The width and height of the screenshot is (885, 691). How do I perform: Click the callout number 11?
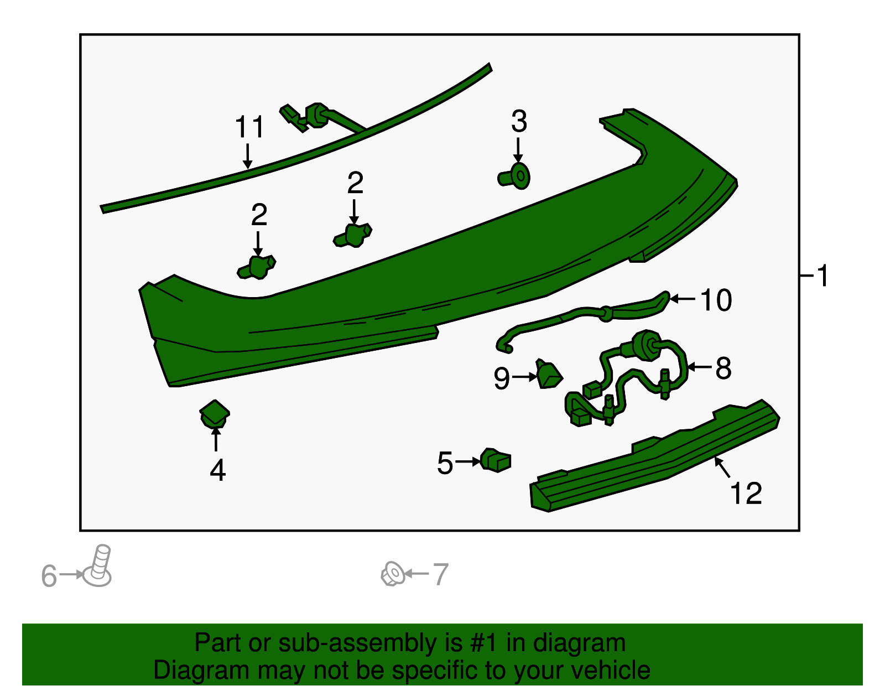click(x=249, y=127)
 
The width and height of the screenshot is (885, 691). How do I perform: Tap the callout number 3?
click(x=519, y=121)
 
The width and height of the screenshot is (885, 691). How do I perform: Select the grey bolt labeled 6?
click(x=97, y=565)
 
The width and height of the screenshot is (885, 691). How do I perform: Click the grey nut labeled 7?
click(x=393, y=574)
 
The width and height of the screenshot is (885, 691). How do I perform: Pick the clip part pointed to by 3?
click(x=514, y=176)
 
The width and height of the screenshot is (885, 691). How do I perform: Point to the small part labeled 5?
click(x=496, y=460)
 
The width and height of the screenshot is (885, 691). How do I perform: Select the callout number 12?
click(x=746, y=493)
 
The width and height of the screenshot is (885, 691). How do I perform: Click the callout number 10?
click(x=716, y=300)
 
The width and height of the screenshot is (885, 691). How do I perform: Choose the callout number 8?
click(x=723, y=368)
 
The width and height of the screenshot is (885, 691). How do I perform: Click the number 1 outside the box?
click(x=822, y=276)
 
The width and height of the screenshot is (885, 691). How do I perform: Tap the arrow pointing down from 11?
click(x=247, y=156)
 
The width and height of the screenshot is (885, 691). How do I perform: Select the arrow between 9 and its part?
click(x=525, y=377)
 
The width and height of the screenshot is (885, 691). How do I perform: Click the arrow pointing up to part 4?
click(x=216, y=439)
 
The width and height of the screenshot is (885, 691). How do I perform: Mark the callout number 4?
click(x=217, y=470)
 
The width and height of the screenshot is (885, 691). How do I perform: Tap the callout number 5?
click(x=445, y=463)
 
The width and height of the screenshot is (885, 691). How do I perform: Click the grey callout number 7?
click(x=441, y=574)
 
